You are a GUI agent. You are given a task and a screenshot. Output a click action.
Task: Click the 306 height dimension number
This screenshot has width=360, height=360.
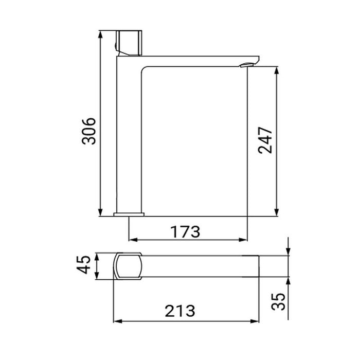[x=89, y=131]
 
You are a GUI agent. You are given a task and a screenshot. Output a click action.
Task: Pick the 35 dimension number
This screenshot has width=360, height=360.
[x=279, y=302]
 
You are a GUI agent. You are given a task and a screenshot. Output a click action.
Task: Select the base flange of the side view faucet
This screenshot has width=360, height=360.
[x=130, y=213]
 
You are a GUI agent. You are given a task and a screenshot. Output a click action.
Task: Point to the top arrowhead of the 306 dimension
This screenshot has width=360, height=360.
[x=100, y=34]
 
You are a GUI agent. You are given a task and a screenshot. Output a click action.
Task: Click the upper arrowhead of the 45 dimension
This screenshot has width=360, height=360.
[x=97, y=255]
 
